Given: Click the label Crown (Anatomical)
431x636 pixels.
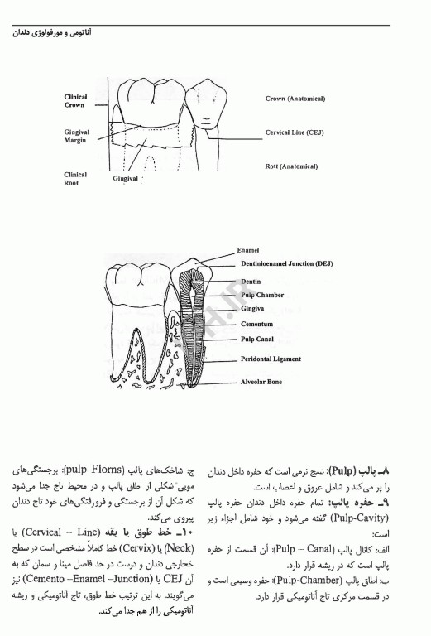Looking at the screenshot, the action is pos(295,99).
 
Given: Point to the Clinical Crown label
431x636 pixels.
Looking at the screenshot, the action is pos(75,101).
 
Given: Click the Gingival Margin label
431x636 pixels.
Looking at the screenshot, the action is pos(76,136).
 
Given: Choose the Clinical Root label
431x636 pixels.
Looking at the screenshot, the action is pos(75,179).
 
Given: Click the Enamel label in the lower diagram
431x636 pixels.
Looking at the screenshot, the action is pos(248,249).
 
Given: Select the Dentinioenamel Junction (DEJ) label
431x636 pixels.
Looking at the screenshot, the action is pos(289,263).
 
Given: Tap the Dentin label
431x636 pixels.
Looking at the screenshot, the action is pos(251,282).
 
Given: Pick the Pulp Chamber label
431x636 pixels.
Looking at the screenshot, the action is pos(262,295).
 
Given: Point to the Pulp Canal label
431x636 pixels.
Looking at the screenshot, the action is pos(258,340).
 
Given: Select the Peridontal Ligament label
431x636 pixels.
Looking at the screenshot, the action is pos(271,359).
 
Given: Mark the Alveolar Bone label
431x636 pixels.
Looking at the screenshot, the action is pos(261,382).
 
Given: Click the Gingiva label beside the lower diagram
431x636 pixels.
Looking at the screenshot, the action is pos(253,309).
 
